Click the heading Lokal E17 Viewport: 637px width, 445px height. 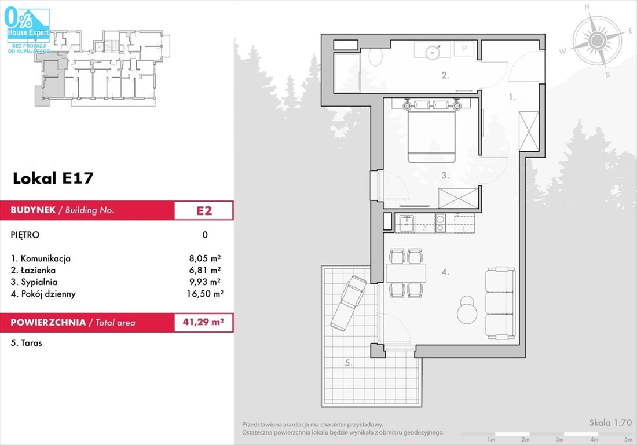click(53, 178)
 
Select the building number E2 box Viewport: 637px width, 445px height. click(204, 210)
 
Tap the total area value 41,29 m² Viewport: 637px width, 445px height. click(203, 322)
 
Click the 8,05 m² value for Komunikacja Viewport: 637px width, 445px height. click(205, 258)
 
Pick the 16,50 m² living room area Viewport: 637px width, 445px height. click(205, 294)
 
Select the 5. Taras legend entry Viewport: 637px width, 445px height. click(27, 343)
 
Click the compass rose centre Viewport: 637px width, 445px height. click(597, 41)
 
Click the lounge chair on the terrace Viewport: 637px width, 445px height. click(349, 303)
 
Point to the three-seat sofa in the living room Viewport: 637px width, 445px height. click(500, 303)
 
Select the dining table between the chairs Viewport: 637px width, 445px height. click(406, 273)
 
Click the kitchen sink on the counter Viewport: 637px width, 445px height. click(407, 223)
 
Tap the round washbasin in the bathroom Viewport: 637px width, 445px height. click(432, 52)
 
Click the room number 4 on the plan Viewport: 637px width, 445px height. click(445, 272)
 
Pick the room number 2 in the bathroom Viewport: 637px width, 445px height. click(445, 75)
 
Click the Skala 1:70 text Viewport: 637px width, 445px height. click(610, 422)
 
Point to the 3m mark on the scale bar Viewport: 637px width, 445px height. click(560, 439)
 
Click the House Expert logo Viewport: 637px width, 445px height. click(28, 28)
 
